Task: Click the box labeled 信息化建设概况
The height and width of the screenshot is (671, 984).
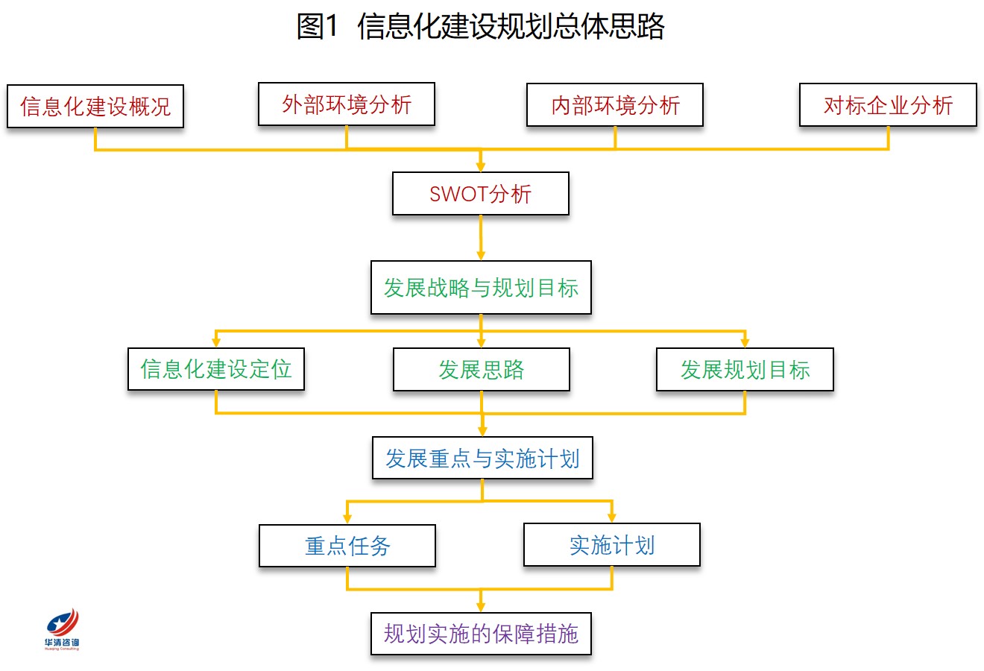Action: pos(95,107)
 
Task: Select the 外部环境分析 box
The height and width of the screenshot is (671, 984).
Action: pos(347,104)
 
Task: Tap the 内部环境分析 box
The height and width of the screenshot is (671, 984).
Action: pos(615,105)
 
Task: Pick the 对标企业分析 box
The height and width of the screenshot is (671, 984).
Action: pos(889,105)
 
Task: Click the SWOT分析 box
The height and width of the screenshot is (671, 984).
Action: pos(481,194)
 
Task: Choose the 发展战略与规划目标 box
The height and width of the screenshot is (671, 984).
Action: pos(481,287)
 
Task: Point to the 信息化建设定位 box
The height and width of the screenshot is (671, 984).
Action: pos(216,369)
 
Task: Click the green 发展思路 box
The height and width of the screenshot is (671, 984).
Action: pos(482,370)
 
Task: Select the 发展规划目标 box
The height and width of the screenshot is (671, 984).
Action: pos(745,370)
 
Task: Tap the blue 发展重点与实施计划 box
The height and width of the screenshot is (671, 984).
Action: pos(482,458)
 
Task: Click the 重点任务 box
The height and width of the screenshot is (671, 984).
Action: pos(347,546)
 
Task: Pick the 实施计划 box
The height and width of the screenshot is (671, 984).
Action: pos(612,545)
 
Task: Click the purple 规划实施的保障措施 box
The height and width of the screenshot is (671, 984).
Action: pos(481,634)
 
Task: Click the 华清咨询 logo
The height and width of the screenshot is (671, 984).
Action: pos(62,629)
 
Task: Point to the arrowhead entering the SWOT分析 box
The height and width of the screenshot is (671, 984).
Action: pos(481,167)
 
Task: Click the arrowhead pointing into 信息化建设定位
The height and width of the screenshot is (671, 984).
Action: pos(216,342)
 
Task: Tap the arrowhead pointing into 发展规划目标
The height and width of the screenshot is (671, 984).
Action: pos(745,342)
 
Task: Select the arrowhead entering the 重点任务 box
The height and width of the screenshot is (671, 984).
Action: pos(347,518)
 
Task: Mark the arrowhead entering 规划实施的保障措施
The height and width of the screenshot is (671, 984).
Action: pos(481,607)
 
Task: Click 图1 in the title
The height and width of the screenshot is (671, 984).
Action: pos(318,25)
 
